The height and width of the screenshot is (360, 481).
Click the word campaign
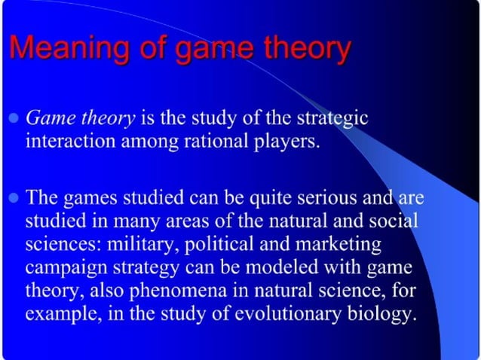66,268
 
